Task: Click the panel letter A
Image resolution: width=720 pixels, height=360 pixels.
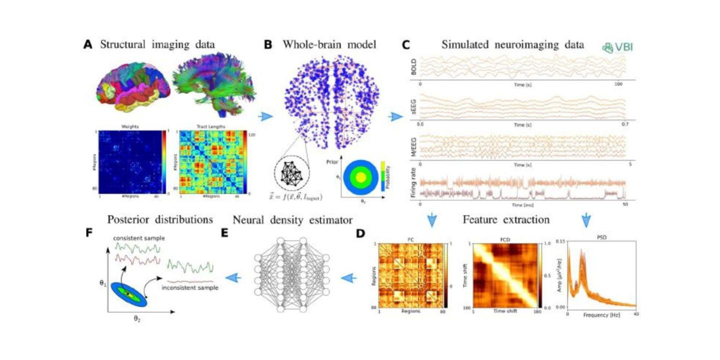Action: (x=88, y=44)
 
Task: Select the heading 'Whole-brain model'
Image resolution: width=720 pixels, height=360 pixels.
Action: (x=329, y=44)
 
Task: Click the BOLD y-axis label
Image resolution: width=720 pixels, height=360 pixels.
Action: (x=413, y=66)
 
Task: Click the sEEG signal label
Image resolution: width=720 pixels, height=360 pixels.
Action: (x=413, y=106)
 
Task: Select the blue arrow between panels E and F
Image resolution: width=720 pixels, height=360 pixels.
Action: (x=231, y=277)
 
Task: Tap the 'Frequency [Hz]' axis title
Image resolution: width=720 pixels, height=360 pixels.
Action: (x=601, y=316)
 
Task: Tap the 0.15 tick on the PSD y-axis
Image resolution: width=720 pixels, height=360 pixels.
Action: (x=560, y=241)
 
